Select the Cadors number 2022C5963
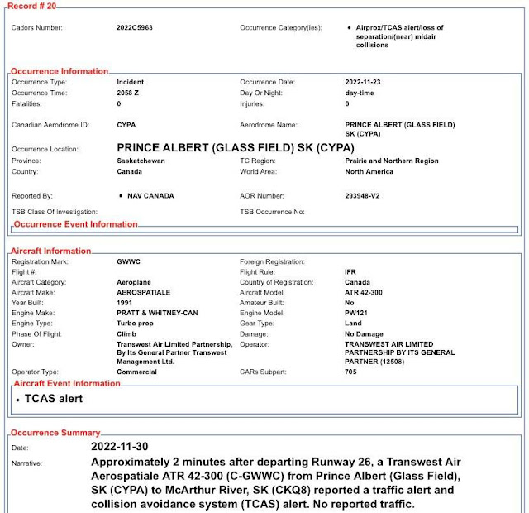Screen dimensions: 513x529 click(x=135, y=27)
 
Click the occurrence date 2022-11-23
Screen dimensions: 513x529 click(x=365, y=83)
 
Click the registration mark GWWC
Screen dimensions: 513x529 click(x=128, y=261)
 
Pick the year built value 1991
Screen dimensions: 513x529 click(x=126, y=302)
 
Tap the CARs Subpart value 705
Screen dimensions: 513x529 click(x=350, y=372)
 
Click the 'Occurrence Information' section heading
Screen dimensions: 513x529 click(x=60, y=71)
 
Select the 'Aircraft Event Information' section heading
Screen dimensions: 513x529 click(x=66, y=383)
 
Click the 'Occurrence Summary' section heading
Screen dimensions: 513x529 click(x=56, y=433)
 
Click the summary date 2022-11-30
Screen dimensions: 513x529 click(x=126, y=447)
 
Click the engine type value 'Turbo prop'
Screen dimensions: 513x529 click(x=136, y=323)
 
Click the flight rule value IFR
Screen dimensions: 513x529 click(x=350, y=271)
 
